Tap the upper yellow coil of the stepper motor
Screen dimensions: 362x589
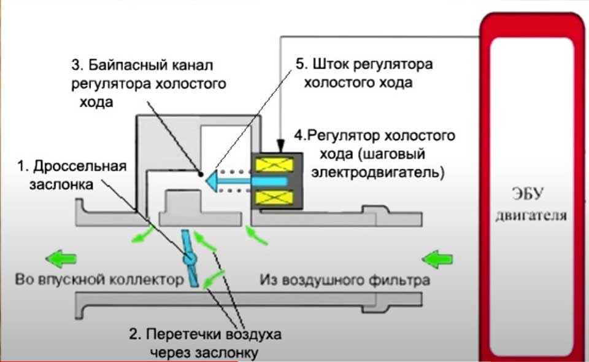[x=275, y=165]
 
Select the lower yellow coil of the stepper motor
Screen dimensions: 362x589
[x=275, y=197]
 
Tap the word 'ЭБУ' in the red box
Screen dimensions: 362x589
[x=528, y=196]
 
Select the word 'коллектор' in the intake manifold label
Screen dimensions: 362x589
[x=152, y=280]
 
